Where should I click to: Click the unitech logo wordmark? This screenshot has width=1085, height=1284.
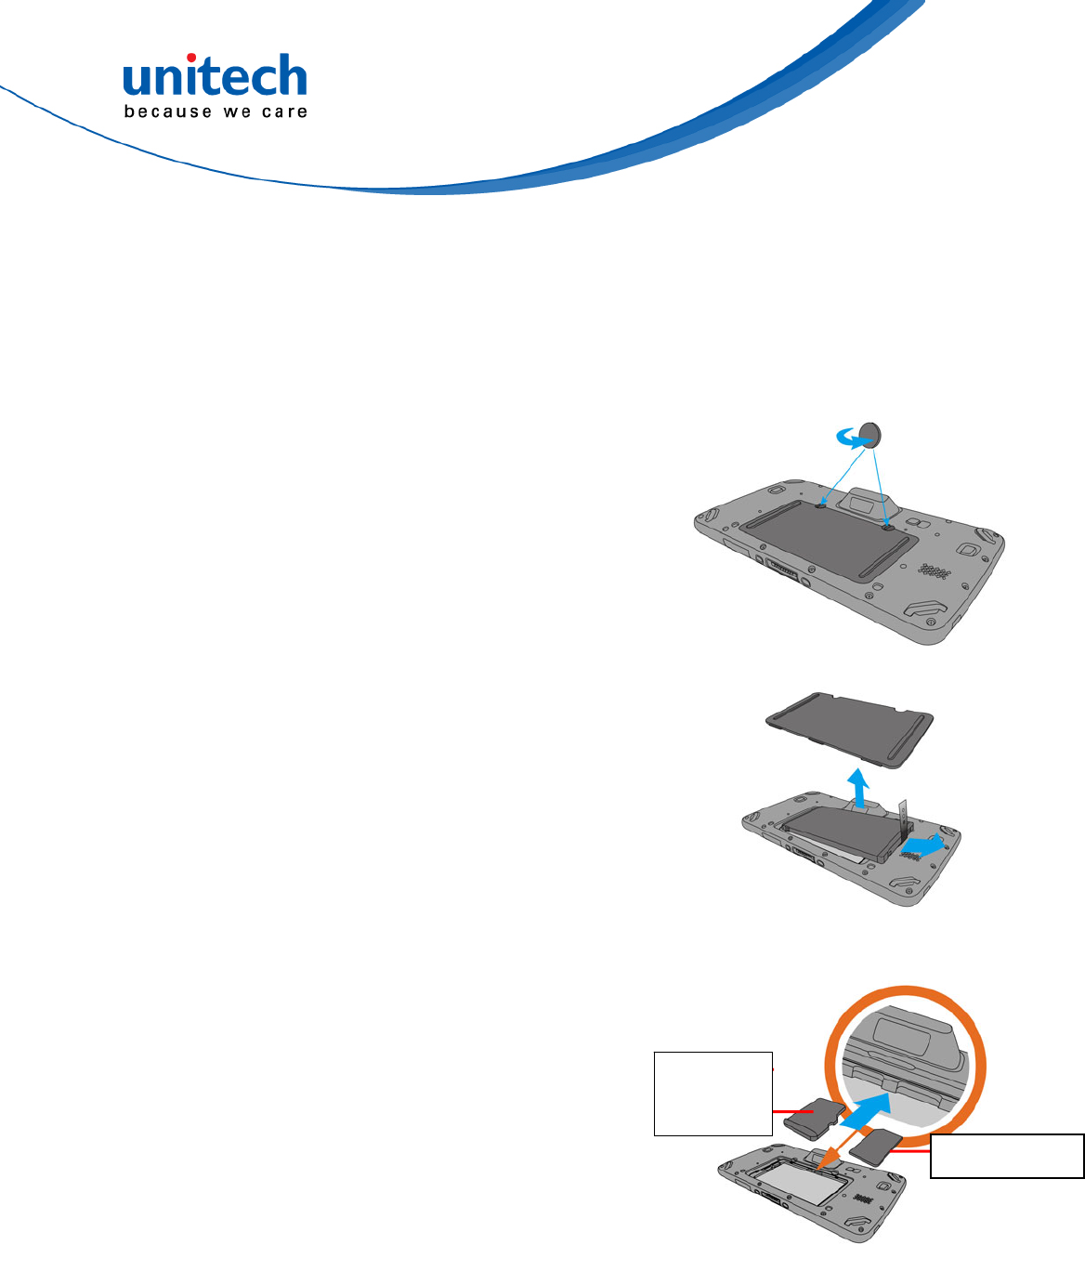point(215,78)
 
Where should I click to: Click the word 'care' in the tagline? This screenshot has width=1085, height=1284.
point(284,111)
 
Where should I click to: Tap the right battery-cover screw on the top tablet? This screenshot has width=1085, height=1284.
point(888,527)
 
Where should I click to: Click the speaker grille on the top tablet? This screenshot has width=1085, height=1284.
point(932,570)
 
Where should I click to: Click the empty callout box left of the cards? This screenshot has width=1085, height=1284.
point(712,1093)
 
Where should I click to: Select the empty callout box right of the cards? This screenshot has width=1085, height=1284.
point(1007,1156)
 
